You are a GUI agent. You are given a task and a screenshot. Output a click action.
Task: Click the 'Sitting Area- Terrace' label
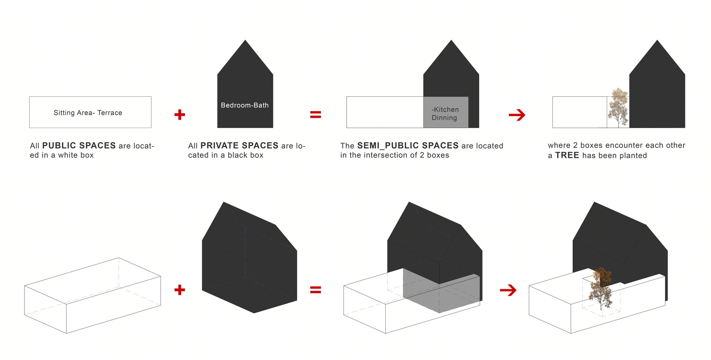coord(88,113)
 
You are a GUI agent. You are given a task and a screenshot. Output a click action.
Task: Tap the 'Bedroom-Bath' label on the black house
coord(245,105)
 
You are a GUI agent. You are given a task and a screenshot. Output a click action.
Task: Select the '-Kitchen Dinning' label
coord(445,113)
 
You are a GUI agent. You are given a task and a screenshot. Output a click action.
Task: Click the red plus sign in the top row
coord(180,115)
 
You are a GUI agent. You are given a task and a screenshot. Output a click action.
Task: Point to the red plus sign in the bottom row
coord(180,290)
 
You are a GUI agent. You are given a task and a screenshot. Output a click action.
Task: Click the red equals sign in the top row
coord(316,115)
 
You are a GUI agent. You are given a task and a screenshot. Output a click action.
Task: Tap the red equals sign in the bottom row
coord(316,290)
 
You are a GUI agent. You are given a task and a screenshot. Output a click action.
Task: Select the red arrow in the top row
coord(517,115)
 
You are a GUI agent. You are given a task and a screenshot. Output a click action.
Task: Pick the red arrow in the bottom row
coord(508,290)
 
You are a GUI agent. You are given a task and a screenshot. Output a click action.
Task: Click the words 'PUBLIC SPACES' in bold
coord(79,145)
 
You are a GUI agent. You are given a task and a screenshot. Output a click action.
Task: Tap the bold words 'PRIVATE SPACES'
coord(239,145)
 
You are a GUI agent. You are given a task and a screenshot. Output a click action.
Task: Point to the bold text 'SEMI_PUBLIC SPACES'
coord(408,145)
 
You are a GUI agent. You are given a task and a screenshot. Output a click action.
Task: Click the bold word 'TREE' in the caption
coord(567,155)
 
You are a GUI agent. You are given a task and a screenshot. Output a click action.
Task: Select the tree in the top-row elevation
coord(619,107)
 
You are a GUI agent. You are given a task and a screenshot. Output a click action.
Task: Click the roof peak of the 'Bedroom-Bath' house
coord(245,40)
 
